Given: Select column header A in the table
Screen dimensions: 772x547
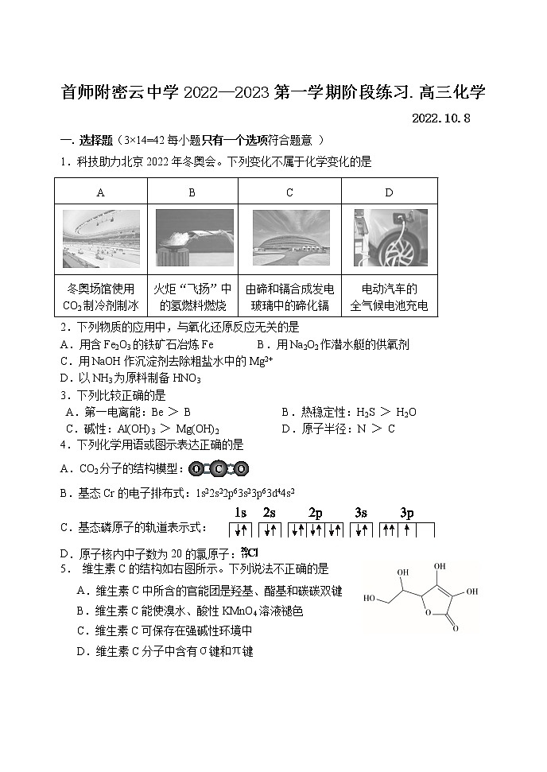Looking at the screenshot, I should pyautogui.click(x=100, y=192).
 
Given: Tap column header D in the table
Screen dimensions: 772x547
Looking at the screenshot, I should pyautogui.click(x=389, y=192).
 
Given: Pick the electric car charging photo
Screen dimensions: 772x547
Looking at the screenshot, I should pyautogui.click(x=390, y=239).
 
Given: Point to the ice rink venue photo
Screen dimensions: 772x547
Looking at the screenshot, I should pyautogui.click(x=101, y=239).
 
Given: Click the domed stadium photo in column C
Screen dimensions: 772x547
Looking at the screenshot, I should pyautogui.click(x=289, y=239).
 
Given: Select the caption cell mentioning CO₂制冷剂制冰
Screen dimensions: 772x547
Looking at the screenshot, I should pyautogui.click(x=101, y=297).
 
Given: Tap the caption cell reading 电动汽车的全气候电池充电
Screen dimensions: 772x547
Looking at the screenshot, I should pyautogui.click(x=389, y=297).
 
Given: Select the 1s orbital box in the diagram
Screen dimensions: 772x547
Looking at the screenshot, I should pyautogui.click(x=241, y=530).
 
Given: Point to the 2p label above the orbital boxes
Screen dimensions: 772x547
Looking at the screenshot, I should pyautogui.click(x=316, y=513).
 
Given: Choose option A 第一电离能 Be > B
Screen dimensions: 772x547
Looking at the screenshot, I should pyautogui.click(x=128, y=412).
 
